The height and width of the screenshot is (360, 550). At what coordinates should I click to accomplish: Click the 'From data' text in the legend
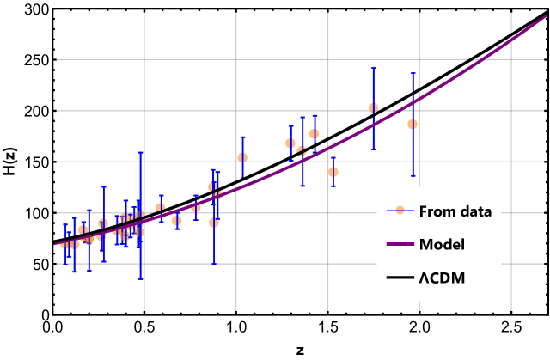click(x=455, y=211)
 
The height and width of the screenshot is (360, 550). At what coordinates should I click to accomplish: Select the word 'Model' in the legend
click(x=442, y=245)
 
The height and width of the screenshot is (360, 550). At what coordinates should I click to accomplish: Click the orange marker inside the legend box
click(x=400, y=211)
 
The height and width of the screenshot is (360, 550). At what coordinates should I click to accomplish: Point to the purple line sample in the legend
click(x=400, y=245)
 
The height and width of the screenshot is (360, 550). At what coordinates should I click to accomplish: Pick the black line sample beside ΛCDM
click(x=400, y=278)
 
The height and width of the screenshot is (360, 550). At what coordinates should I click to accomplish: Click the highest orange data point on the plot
click(x=373, y=108)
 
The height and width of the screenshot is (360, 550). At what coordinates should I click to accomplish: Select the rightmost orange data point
click(x=412, y=125)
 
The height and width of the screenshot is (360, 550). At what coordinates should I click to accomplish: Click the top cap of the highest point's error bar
click(x=373, y=68)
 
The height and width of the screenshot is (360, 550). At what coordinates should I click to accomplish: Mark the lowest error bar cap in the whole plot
click(x=141, y=279)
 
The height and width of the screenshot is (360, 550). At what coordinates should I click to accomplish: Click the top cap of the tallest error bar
click(x=141, y=152)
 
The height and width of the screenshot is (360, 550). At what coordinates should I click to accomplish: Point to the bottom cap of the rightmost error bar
click(x=412, y=176)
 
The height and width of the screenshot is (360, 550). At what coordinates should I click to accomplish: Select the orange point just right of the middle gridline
click(x=333, y=172)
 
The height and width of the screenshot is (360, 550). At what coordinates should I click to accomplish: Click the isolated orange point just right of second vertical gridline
click(x=242, y=158)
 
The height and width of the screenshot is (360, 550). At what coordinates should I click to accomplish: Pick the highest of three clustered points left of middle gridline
click(x=314, y=134)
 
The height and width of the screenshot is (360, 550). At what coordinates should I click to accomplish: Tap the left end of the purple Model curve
click(x=58, y=245)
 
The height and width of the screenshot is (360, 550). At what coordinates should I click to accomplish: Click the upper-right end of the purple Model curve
click(x=545, y=16)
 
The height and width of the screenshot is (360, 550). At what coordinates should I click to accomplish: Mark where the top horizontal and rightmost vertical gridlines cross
click(x=511, y=60)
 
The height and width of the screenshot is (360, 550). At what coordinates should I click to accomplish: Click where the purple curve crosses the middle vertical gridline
click(x=327, y=149)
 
